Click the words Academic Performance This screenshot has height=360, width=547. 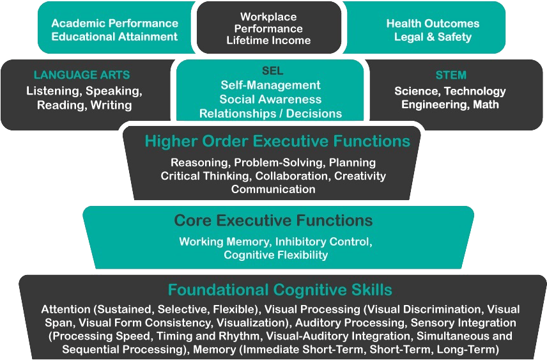[114, 23]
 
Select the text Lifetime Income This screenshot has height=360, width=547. [268, 41]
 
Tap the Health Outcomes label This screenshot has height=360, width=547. [433, 23]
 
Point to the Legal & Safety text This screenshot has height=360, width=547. [433, 36]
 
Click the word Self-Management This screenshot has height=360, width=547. [270, 85]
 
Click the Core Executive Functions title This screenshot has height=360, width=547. [273, 221]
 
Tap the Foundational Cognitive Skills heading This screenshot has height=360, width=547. [280, 289]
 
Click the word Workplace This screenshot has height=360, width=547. [268, 17]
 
